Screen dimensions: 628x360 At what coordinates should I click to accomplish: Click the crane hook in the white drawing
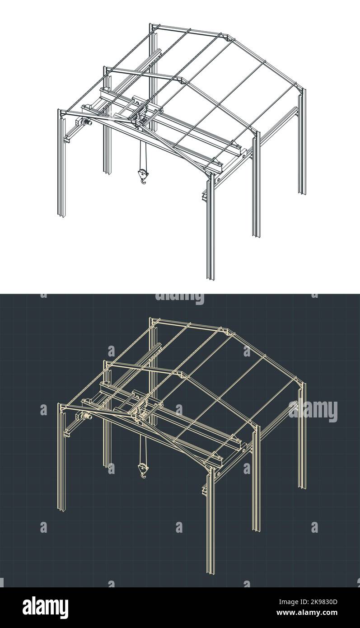coord(143,176)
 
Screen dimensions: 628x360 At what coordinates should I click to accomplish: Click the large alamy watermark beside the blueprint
coord(313,411)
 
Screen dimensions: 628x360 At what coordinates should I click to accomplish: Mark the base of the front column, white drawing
coord(210,276)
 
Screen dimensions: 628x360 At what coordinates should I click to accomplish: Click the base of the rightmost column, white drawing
coord(302,192)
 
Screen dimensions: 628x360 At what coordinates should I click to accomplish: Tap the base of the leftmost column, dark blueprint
coord(61,509)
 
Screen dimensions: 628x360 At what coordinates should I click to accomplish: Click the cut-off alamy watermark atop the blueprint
coord(179,298)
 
